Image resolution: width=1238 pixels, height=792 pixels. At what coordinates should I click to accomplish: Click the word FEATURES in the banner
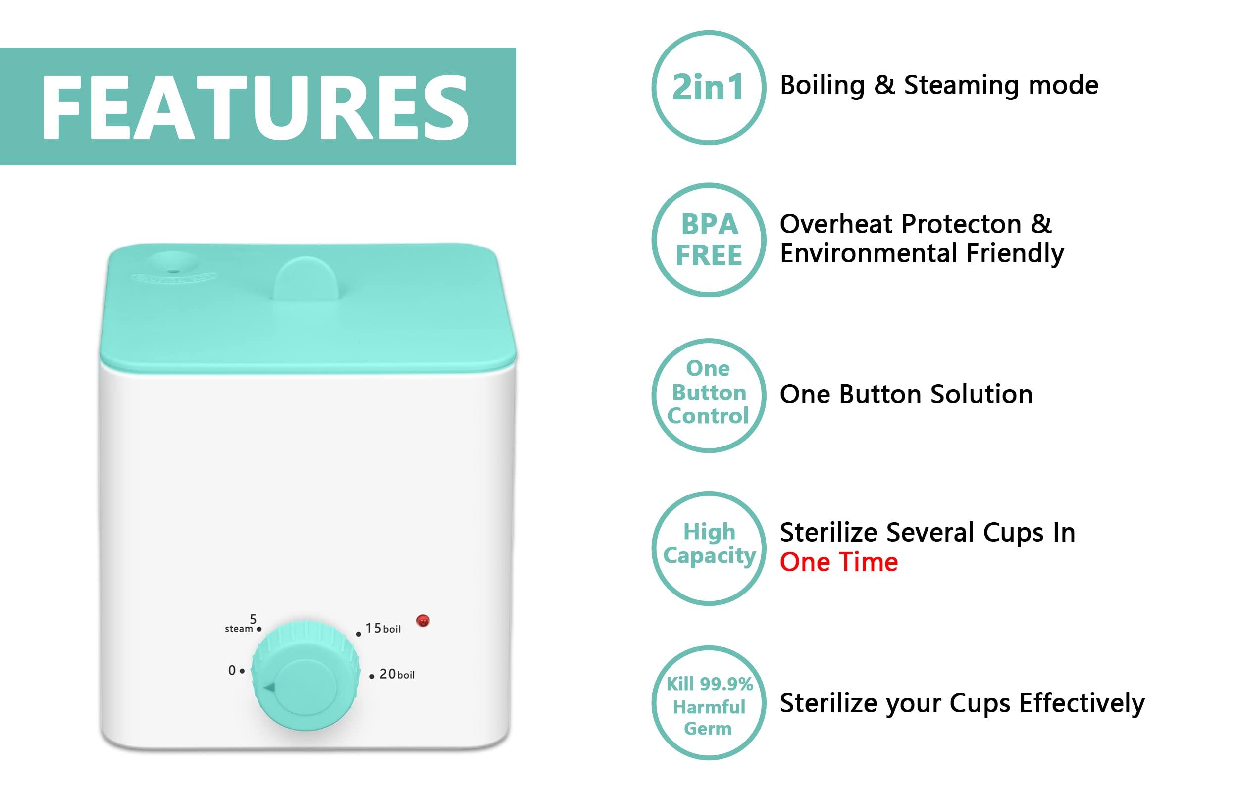(x=255, y=107)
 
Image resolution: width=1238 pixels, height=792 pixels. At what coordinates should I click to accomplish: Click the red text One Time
(x=838, y=562)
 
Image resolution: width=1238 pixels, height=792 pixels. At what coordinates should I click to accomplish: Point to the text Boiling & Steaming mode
(x=939, y=85)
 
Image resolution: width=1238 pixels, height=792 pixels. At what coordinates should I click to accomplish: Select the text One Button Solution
(x=906, y=395)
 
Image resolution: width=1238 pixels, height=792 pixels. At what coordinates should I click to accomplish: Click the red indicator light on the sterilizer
(x=423, y=621)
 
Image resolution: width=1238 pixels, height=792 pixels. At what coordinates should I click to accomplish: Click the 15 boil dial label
(x=383, y=629)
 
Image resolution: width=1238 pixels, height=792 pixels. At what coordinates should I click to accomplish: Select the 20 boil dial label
(x=397, y=674)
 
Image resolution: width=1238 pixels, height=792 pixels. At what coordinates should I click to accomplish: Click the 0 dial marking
(x=232, y=671)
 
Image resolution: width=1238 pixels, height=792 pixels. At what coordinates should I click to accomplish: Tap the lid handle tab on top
(x=306, y=279)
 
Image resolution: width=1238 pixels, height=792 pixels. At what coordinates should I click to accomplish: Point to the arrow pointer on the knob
(x=269, y=688)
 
